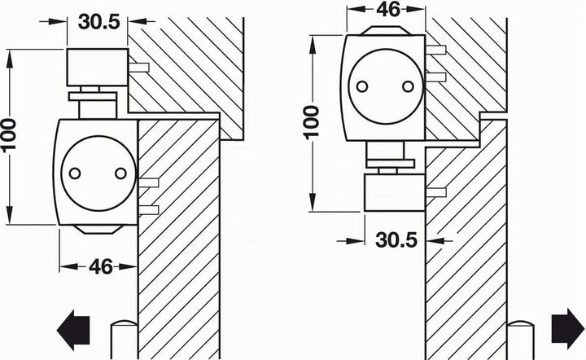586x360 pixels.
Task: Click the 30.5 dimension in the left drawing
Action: (x=99, y=22)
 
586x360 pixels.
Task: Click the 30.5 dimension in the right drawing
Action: (x=396, y=239)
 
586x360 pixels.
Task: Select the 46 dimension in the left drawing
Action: (x=101, y=266)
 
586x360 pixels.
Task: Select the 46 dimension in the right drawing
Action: (x=388, y=9)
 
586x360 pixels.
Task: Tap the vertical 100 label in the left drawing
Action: (x=9, y=134)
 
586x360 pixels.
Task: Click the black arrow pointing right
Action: (x=568, y=328)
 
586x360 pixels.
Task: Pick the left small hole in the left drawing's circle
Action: (x=75, y=173)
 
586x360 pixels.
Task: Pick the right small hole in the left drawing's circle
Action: (x=120, y=173)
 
